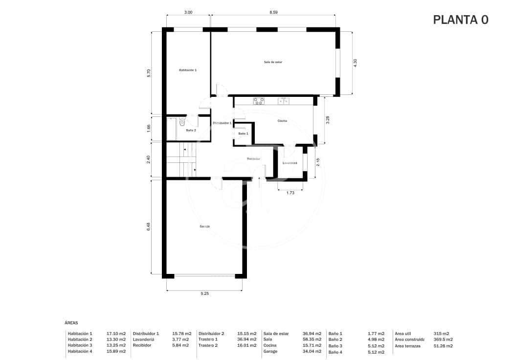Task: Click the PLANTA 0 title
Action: (x=460, y=20)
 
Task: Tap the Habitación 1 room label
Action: (x=187, y=70)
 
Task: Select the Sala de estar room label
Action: (x=273, y=62)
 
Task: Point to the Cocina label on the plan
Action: (x=282, y=121)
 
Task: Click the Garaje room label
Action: (x=204, y=226)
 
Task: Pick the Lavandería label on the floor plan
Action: (x=290, y=163)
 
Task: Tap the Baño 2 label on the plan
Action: (x=191, y=131)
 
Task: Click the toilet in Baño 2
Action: (x=182, y=122)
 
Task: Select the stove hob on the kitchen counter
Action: (x=259, y=101)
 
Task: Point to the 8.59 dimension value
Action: (x=273, y=12)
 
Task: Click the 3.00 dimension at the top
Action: (x=188, y=12)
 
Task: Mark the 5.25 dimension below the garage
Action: (x=204, y=294)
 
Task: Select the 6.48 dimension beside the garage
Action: (x=149, y=227)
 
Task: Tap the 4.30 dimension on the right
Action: (x=355, y=63)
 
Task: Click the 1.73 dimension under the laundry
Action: (x=290, y=193)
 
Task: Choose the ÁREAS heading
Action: (x=71, y=323)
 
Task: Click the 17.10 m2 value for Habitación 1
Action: (x=116, y=334)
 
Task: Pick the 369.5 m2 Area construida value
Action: (x=443, y=339)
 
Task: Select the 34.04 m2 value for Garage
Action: (x=312, y=351)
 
